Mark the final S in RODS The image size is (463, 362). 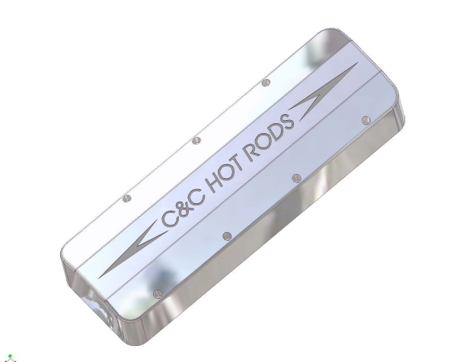[288, 123]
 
